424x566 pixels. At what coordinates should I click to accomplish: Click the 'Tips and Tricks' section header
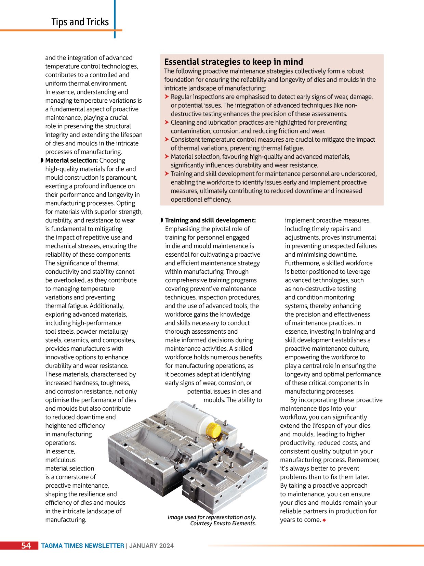(80, 22)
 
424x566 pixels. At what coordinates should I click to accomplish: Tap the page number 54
(26, 545)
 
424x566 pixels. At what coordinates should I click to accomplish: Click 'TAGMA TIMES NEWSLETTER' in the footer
(83, 546)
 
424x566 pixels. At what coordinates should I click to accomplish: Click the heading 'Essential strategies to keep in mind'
(234, 62)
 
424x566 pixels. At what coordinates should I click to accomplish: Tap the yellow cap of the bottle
(214, 429)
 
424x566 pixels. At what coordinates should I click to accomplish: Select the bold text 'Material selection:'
(71, 160)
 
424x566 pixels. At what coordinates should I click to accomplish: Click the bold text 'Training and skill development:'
(210, 220)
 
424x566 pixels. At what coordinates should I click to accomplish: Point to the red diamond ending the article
(324, 520)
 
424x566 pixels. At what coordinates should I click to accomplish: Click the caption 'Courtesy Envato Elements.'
(223, 523)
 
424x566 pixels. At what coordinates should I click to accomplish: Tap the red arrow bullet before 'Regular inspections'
(167, 97)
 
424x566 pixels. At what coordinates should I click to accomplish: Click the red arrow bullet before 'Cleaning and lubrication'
(167, 123)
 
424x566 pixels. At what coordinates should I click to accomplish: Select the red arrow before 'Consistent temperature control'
(167, 140)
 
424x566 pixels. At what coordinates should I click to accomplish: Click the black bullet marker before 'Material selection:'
(42, 160)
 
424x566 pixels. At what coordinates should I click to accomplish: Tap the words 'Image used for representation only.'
(212, 517)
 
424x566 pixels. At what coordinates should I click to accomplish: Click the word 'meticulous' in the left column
(61, 460)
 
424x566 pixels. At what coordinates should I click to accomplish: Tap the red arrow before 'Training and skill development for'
(167, 174)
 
